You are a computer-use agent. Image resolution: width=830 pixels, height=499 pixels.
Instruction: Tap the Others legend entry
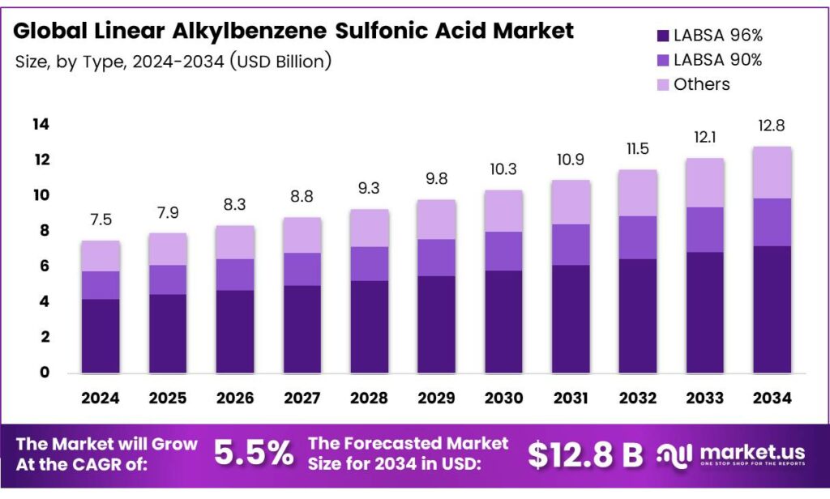point(701,84)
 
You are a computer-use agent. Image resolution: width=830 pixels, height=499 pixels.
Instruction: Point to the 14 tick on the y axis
point(41,124)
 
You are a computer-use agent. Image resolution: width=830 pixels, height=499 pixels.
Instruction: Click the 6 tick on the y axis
point(45,267)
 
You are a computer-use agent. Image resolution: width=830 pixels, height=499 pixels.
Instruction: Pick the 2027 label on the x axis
point(302,399)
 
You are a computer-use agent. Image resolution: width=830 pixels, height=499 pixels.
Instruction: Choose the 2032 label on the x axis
point(638,399)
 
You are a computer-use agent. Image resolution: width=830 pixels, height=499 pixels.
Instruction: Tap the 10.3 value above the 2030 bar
point(503,169)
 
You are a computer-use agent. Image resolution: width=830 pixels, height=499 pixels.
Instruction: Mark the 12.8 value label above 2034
point(772,126)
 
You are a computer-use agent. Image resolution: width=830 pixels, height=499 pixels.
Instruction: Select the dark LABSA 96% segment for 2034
point(772,309)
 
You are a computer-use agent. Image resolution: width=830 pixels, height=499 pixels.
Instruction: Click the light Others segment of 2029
point(436,220)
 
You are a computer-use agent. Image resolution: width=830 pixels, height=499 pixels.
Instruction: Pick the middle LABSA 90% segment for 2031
point(571,245)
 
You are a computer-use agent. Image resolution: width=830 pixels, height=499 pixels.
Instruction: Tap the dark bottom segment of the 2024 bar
point(101,336)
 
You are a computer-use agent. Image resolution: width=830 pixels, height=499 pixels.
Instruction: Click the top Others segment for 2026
point(235,242)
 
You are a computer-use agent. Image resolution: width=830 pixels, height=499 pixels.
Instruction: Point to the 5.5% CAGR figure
point(254,454)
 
